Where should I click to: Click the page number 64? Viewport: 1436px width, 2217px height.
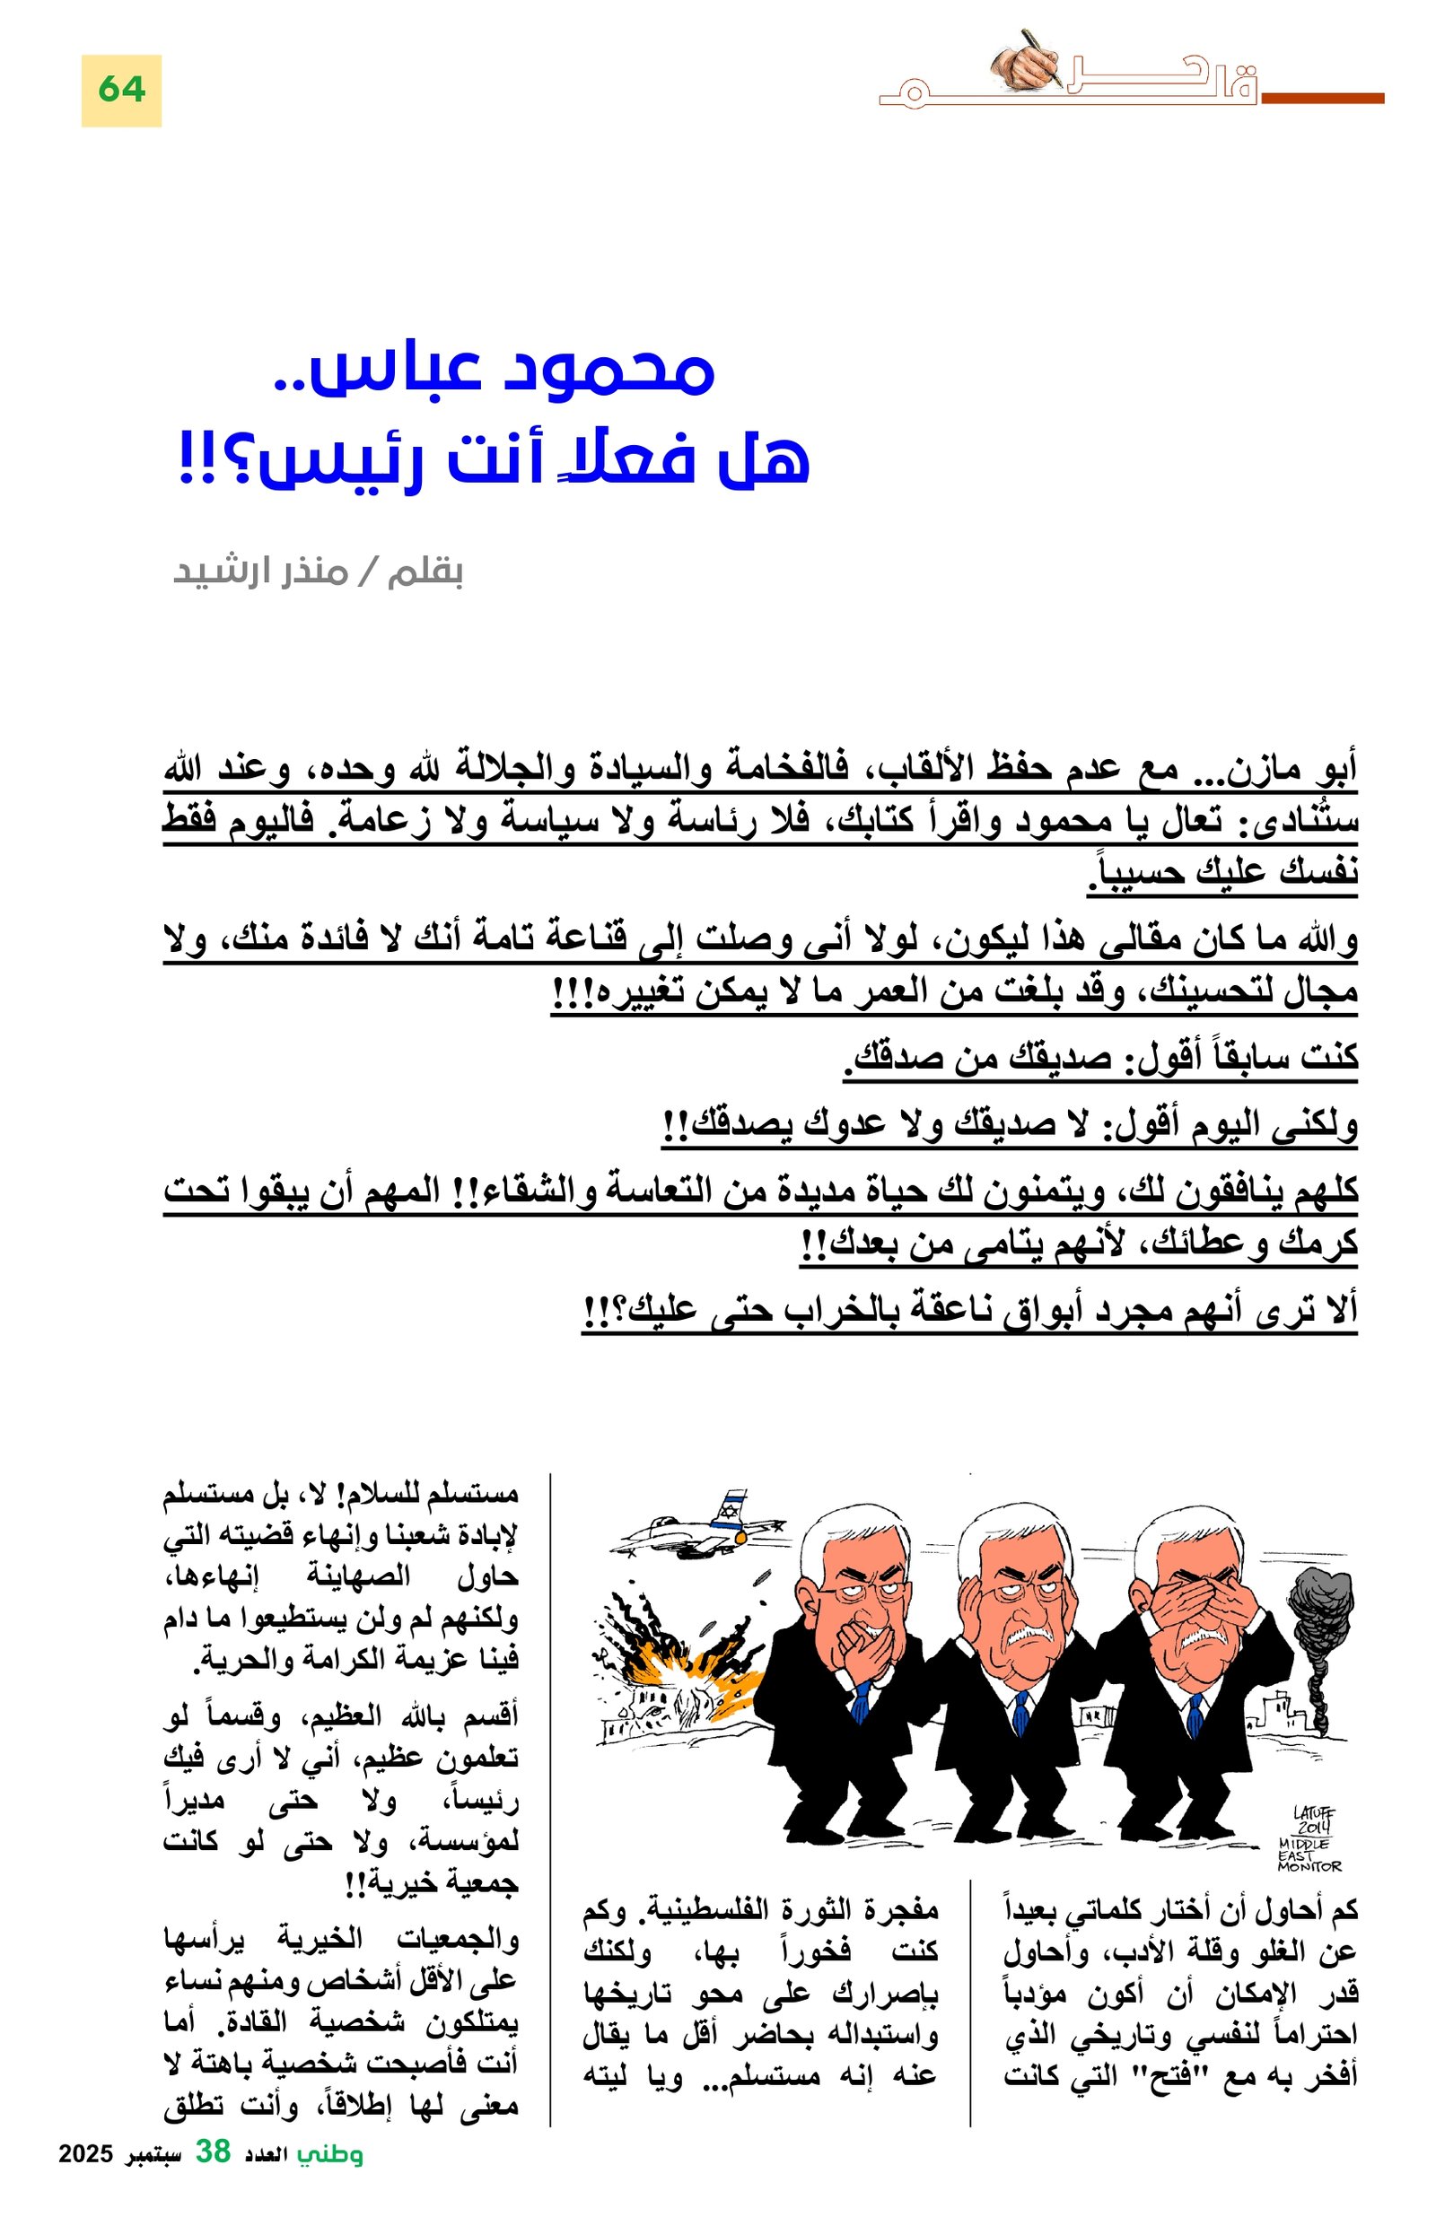click(121, 90)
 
